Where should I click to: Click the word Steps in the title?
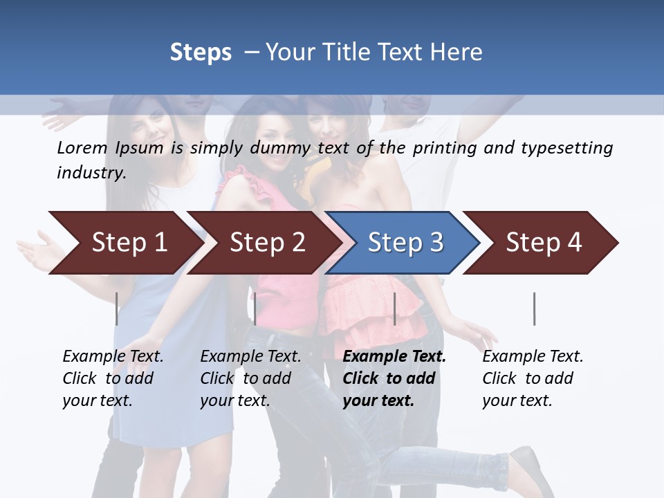[x=201, y=53]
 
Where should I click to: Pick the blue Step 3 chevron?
[x=405, y=243]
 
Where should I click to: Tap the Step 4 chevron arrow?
[x=544, y=243]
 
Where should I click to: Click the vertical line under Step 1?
[x=117, y=308]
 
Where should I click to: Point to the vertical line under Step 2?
[x=255, y=308]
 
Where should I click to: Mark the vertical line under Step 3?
[x=395, y=308]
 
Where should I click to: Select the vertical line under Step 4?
[x=534, y=308]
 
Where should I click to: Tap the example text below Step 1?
[x=113, y=378]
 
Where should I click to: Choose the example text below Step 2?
[x=250, y=378]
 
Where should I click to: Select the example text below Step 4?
[x=533, y=378]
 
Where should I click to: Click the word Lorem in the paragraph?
[x=82, y=147]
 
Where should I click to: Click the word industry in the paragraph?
[x=90, y=173]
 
